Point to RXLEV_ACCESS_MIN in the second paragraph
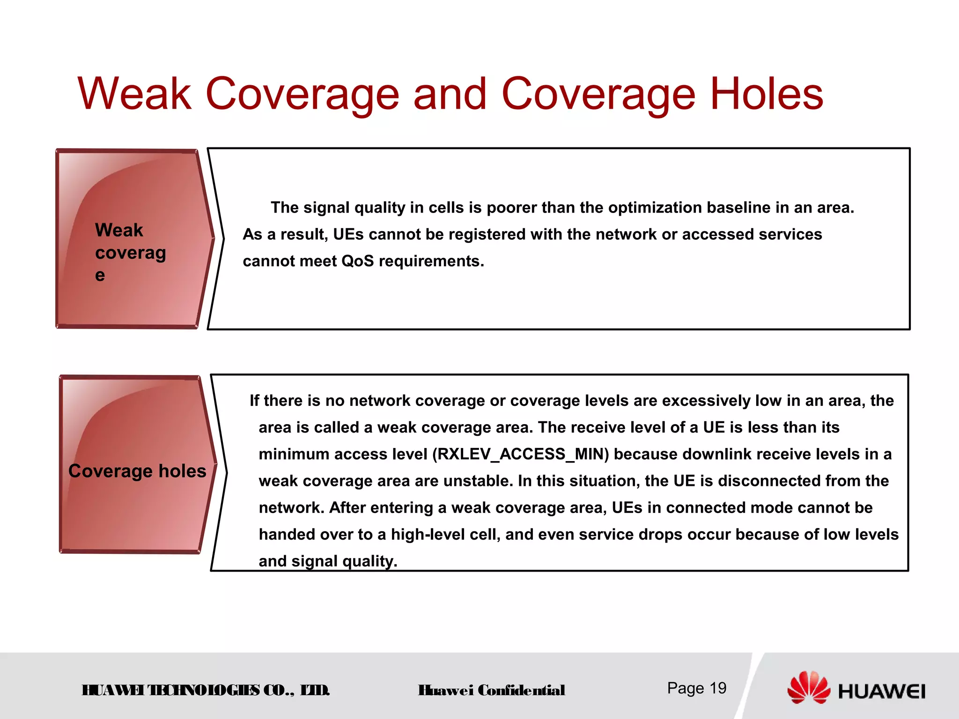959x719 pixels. tap(520, 454)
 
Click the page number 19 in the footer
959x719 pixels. tap(718, 688)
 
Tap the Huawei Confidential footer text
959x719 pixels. tap(491, 690)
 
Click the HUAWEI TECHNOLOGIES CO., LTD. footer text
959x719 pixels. tap(206, 690)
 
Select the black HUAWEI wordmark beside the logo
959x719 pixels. tap(881, 691)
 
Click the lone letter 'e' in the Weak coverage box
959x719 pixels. tap(100, 275)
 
